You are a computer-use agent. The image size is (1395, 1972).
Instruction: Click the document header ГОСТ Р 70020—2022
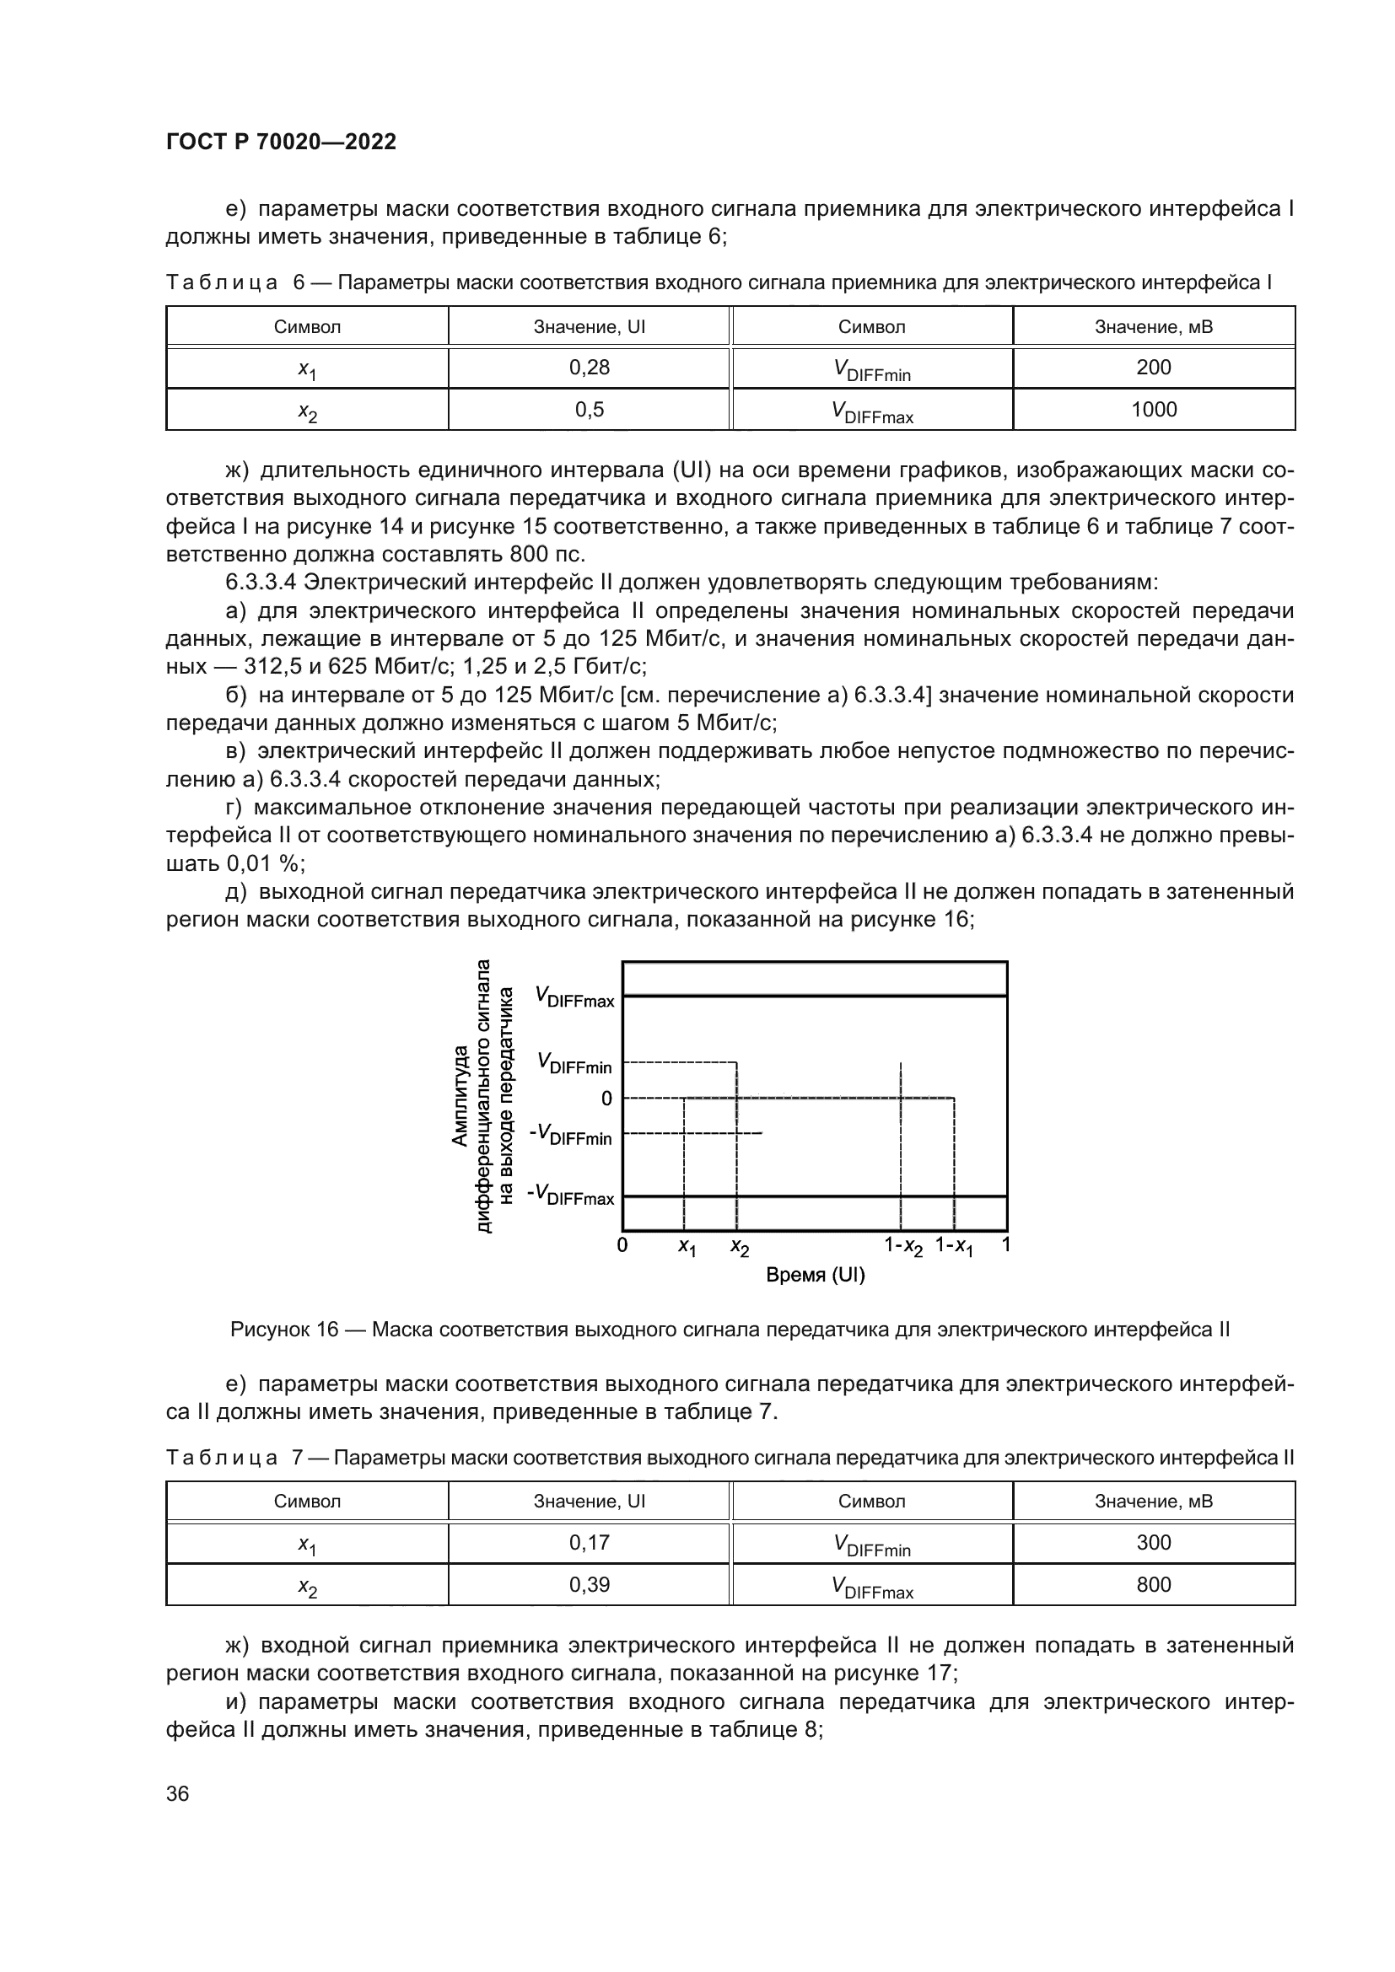click(x=281, y=142)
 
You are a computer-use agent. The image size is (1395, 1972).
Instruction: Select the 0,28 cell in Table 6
click(x=590, y=368)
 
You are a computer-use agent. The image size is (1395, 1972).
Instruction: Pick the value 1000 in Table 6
click(x=1153, y=410)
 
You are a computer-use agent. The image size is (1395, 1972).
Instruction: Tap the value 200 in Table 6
click(x=1153, y=368)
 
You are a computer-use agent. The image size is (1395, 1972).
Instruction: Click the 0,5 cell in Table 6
click(x=590, y=410)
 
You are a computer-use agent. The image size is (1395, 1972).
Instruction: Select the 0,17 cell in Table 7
click(x=590, y=1543)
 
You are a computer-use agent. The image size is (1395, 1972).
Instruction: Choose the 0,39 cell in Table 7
click(x=590, y=1585)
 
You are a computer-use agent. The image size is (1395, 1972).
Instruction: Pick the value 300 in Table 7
click(x=1153, y=1543)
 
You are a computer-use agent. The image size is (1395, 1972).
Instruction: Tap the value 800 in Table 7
click(x=1153, y=1585)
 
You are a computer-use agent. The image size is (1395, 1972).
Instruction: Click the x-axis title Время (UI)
click(x=815, y=1276)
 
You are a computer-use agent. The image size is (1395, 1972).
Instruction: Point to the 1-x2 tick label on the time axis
click(x=902, y=1246)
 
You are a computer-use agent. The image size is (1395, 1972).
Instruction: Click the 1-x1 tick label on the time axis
click(x=955, y=1246)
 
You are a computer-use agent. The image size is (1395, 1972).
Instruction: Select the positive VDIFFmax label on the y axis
click(x=574, y=997)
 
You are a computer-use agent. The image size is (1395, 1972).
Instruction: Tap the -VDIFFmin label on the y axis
click(x=571, y=1135)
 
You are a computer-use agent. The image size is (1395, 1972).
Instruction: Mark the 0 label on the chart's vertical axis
click(x=606, y=1099)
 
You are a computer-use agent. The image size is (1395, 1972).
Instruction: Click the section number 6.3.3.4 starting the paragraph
click(x=261, y=583)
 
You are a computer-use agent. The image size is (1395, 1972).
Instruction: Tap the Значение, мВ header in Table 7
click(x=1153, y=1502)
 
